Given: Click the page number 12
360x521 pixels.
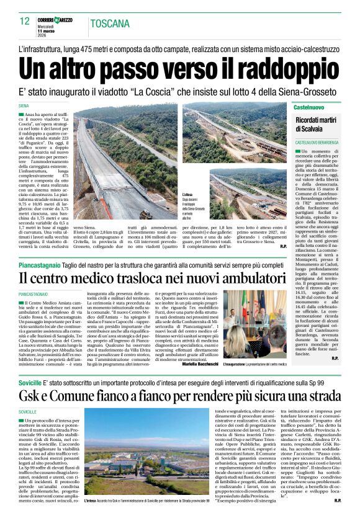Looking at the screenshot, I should pyautogui.click(x=25, y=21).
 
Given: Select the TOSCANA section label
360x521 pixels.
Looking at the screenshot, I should pyautogui.click(x=110, y=24).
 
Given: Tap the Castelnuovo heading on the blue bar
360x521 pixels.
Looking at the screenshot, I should pyautogui.click(x=309, y=108).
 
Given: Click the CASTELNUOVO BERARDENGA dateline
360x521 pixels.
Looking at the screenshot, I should pyautogui.click(x=317, y=143).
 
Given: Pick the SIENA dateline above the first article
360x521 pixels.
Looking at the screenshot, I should pyautogui.click(x=24, y=107).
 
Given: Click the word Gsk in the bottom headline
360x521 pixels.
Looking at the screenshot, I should pyautogui.click(x=32, y=395).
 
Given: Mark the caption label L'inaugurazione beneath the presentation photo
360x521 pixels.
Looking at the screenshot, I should pyautogui.click(x=248, y=363).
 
